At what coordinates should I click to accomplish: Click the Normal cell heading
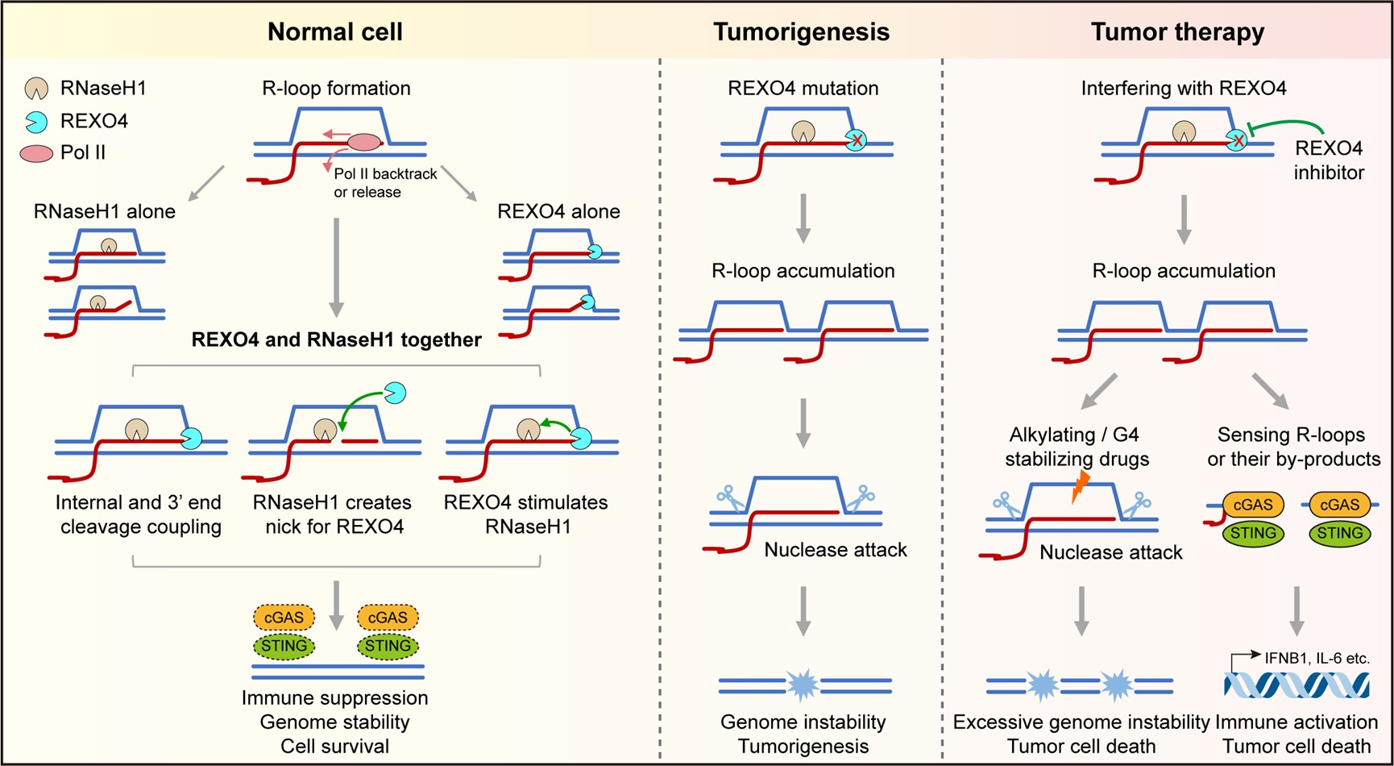[x=334, y=31]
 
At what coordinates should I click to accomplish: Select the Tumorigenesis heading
[x=801, y=31]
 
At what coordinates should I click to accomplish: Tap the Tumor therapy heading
[x=1177, y=31]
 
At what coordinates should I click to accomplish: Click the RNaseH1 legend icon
[x=36, y=89]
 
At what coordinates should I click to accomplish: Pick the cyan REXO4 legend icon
[x=36, y=122]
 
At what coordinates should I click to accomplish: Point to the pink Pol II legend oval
[x=36, y=152]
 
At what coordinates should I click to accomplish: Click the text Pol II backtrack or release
[x=384, y=183]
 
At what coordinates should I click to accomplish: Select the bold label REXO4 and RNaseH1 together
[x=336, y=339]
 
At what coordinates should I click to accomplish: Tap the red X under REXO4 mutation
[x=857, y=141]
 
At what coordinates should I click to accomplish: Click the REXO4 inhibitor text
[x=1328, y=160]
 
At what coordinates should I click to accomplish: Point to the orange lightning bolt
[x=1081, y=486]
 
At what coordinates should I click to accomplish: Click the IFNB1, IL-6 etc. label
[x=1316, y=658]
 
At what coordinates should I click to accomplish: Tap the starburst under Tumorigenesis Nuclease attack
[x=802, y=685]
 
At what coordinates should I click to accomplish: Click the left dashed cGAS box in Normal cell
[x=284, y=618]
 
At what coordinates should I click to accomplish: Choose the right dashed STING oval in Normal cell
[x=388, y=646]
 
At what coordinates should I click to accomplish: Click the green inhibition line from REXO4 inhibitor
[x=1289, y=123]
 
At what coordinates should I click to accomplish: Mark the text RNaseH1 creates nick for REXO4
[x=332, y=514]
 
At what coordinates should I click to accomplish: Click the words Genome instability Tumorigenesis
[x=803, y=734]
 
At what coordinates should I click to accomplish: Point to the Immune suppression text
[x=334, y=697]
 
